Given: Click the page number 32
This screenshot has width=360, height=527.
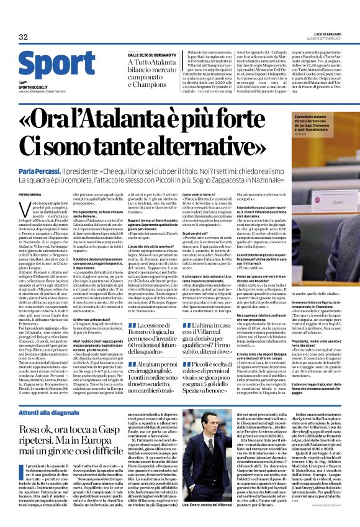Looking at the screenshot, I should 24,37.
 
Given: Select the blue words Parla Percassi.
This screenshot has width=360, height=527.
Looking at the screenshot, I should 40,170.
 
